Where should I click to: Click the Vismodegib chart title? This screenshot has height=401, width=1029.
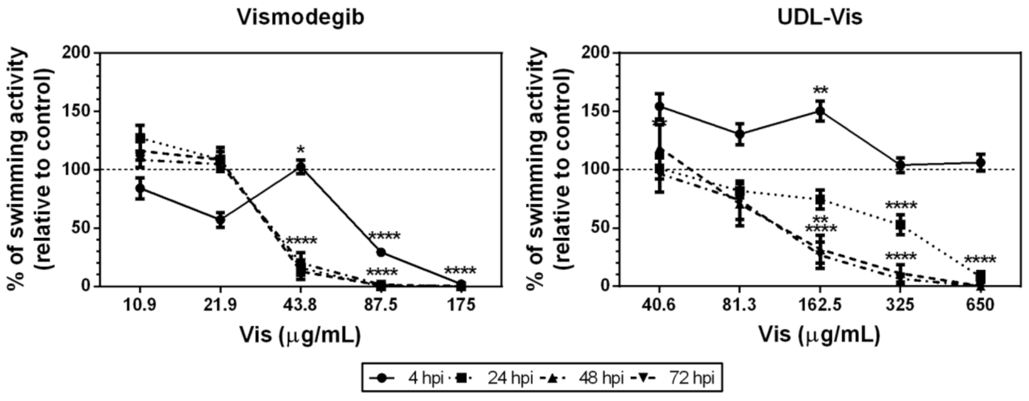pyautogui.click(x=301, y=17)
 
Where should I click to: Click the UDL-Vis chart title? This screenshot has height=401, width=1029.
pyautogui.click(x=819, y=17)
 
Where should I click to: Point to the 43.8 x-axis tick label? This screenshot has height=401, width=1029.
pyautogui.click(x=301, y=306)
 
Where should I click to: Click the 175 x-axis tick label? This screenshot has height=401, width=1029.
pyautogui.click(x=461, y=306)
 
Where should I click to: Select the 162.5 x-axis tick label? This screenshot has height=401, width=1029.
pyautogui.click(x=819, y=306)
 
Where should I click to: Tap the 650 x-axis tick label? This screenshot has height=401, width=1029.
pyautogui.click(x=980, y=306)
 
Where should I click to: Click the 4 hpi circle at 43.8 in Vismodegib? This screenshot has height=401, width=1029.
pyautogui.click(x=301, y=168)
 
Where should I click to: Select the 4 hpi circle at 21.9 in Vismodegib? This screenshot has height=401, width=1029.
pyautogui.click(x=220, y=219)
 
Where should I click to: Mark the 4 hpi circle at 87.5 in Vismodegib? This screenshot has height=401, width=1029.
pyautogui.click(x=381, y=252)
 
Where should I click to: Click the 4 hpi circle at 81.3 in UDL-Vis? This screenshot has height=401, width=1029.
pyautogui.click(x=740, y=134)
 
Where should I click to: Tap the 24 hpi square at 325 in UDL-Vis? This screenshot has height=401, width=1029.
pyautogui.click(x=900, y=225)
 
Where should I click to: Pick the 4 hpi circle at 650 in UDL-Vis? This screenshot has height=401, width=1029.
pyautogui.click(x=980, y=163)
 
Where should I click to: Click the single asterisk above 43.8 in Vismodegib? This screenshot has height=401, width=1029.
pyautogui.click(x=301, y=150)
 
